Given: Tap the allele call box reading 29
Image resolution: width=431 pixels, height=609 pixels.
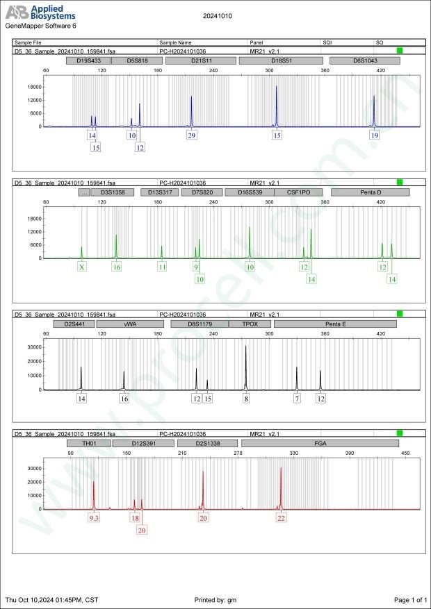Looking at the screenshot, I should (x=192, y=135).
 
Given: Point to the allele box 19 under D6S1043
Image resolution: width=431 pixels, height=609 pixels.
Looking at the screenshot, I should (x=375, y=135).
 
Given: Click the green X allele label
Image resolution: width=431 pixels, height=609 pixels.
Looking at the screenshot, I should (x=82, y=267).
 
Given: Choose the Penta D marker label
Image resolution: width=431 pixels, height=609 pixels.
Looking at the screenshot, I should (x=366, y=192).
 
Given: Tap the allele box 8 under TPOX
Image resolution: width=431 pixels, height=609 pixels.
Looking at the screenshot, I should (x=246, y=399).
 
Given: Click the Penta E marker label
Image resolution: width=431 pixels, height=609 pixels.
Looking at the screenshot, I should (x=335, y=324).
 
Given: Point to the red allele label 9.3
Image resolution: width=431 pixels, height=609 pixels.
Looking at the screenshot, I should (x=94, y=518).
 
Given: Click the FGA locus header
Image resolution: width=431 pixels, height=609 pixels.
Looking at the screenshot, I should (x=320, y=443).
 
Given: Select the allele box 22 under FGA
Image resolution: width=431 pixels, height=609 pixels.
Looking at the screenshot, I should (x=281, y=518).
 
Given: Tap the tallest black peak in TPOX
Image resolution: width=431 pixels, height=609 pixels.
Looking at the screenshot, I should (x=246, y=347).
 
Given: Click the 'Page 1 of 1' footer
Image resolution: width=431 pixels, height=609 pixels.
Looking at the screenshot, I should (x=409, y=599).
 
